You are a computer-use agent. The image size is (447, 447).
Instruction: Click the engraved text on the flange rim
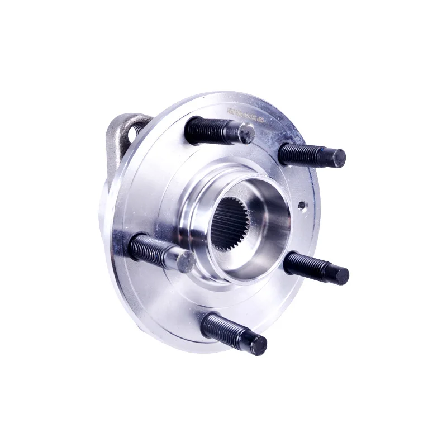(246, 115)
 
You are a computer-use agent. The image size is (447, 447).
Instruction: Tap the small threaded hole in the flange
(302, 205)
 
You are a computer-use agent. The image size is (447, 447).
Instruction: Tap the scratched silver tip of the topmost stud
(246, 133)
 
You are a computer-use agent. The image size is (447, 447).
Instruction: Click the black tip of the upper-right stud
(337, 158)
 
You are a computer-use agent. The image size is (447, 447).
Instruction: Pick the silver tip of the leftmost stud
(184, 261)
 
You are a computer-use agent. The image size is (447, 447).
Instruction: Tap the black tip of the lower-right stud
(340, 275)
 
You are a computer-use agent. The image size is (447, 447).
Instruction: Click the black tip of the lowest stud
(258, 345)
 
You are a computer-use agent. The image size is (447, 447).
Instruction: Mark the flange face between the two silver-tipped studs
(162, 190)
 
